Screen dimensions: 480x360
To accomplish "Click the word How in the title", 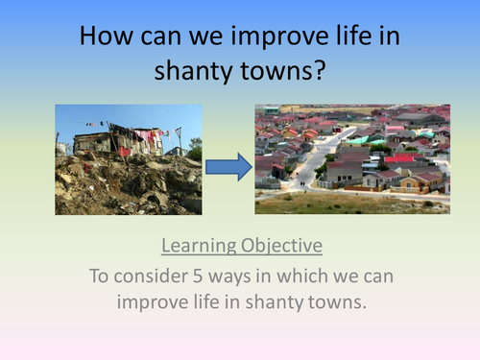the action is coord(107,36).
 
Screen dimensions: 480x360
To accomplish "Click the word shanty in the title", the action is coord(193,71).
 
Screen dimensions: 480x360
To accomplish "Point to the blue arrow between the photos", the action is coord(228,167).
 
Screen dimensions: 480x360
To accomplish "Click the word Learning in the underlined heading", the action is coord(199,246).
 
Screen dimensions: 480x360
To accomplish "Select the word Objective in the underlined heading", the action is coord(281,246).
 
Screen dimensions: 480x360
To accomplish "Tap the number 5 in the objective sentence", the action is coord(198,276).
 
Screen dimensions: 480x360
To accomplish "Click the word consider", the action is coord(151,276).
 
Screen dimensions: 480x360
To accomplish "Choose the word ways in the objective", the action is coord(229,277).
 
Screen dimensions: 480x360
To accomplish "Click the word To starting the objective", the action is coord(100,276).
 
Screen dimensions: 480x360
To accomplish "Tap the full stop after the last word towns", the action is coord(364,307).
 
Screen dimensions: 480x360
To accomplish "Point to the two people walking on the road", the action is coord(302,183).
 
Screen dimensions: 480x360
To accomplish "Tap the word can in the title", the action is coord(160,37).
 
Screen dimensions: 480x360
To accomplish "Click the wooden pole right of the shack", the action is coord(180,140).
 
